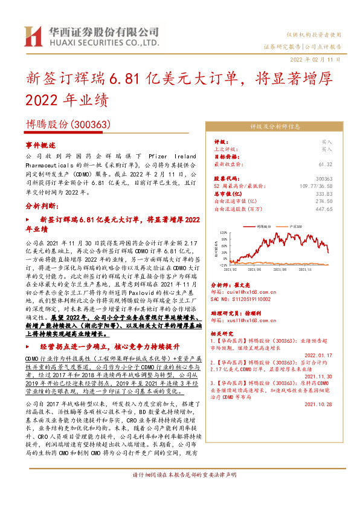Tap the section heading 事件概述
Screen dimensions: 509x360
40,146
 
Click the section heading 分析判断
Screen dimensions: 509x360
40,206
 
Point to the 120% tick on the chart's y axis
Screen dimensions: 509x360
223,232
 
